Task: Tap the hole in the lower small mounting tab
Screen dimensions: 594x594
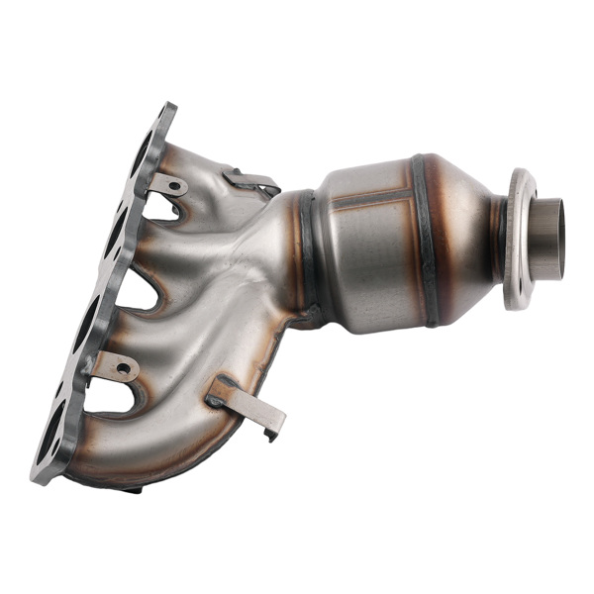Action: tap(123, 368)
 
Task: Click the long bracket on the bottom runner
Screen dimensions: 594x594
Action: tap(247, 402)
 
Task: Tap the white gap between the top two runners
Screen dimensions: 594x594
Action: tap(160, 209)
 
